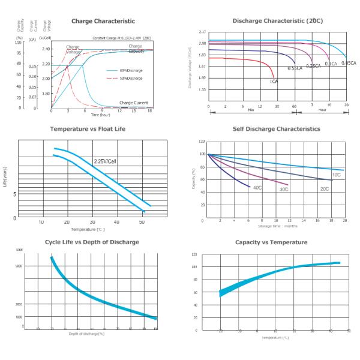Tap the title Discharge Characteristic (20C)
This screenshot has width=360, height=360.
[x=278, y=21]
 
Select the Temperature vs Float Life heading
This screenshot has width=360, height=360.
[x=88, y=129]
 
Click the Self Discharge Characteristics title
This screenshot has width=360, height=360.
[x=277, y=129]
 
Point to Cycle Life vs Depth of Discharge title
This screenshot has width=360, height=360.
[x=92, y=242]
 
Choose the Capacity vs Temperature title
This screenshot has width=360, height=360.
[x=277, y=242]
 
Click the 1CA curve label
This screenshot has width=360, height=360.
[x=273, y=81]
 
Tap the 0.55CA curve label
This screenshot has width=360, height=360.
[x=294, y=68]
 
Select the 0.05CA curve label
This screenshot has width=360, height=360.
[x=349, y=63]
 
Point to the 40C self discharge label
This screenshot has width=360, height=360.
[x=257, y=188]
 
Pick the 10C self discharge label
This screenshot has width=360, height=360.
[x=336, y=175]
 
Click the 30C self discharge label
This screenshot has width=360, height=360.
[x=284, y=189]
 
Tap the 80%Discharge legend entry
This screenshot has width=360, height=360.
[x=130, y=70]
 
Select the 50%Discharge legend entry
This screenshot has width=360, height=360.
[x=130, y=79]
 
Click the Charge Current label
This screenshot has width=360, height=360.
[x=133, y=103]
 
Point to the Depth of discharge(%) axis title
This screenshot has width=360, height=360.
[x=86, y=334]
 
